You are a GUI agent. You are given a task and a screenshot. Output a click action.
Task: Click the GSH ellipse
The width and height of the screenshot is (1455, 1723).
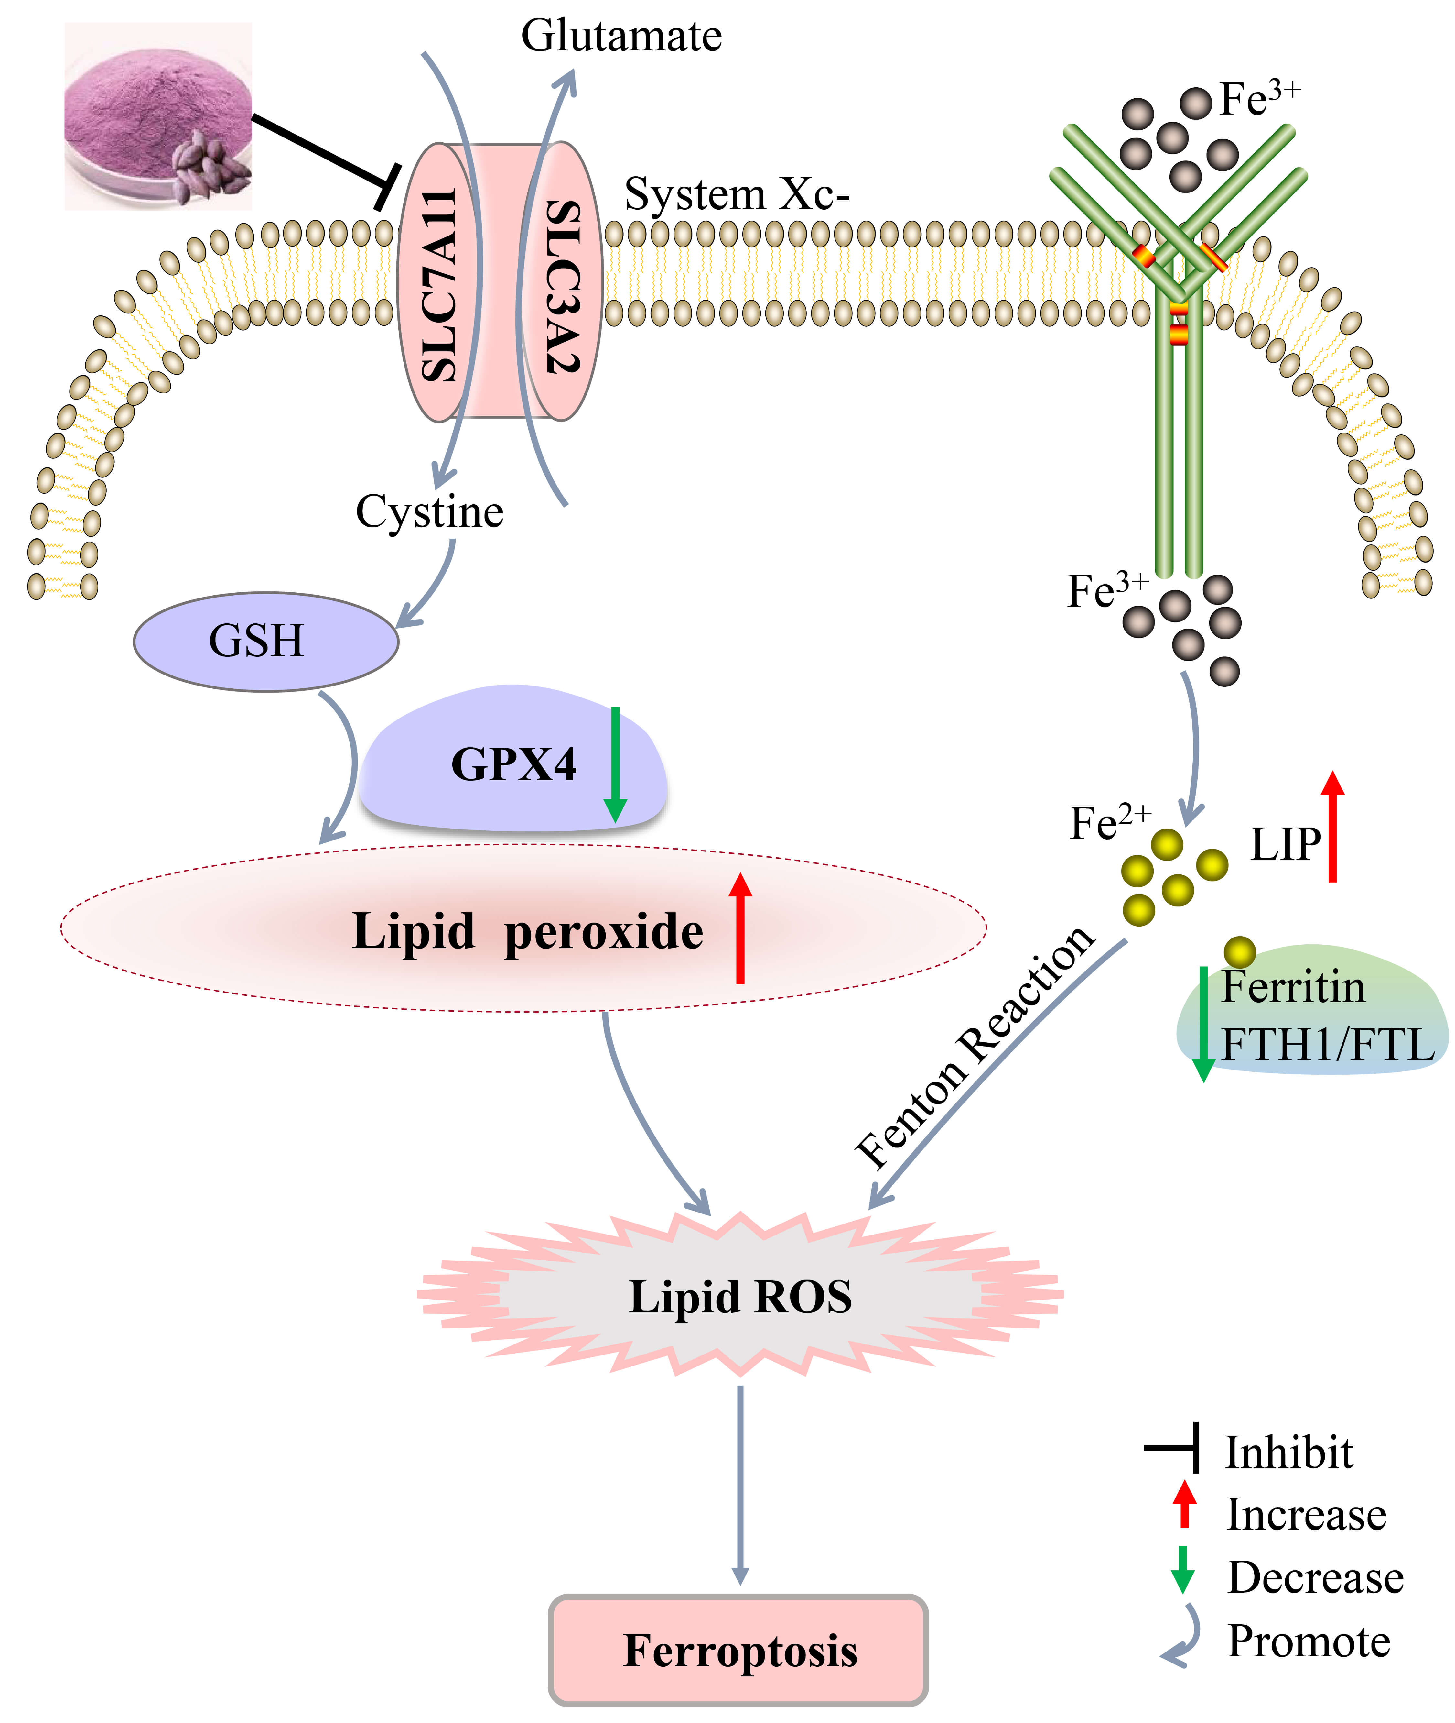pos(265,641)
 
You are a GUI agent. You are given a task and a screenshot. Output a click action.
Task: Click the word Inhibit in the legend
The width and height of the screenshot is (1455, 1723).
pos(1288,1452)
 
